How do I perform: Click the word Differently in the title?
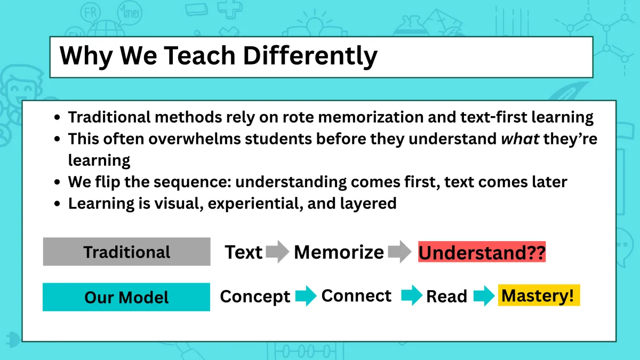[x=310, y=56]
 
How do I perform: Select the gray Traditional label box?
[x=126, y=252]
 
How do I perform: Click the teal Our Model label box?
[x=126, y=297]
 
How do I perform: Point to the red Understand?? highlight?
[x=482, y=252]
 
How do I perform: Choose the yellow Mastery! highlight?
[x=539, y=295]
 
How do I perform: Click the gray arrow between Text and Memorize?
[x=277, y=252]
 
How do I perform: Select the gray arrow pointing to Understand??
[x=399, y=252]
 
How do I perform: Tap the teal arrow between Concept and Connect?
[x=306, y=295]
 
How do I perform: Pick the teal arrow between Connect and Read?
[x=412, y=295]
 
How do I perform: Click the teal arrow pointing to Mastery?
[x=484, y=295]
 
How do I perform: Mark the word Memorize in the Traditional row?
[x=339, y=252]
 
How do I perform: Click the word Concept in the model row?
[x=255, y=297]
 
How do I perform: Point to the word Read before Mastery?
[x=446, y=297]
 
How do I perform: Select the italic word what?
[x=520, y=139]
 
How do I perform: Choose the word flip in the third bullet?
[x=107, y=182]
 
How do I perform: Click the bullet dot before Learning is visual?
[x=57, y=204]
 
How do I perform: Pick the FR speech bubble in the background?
[x=91, y=13]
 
